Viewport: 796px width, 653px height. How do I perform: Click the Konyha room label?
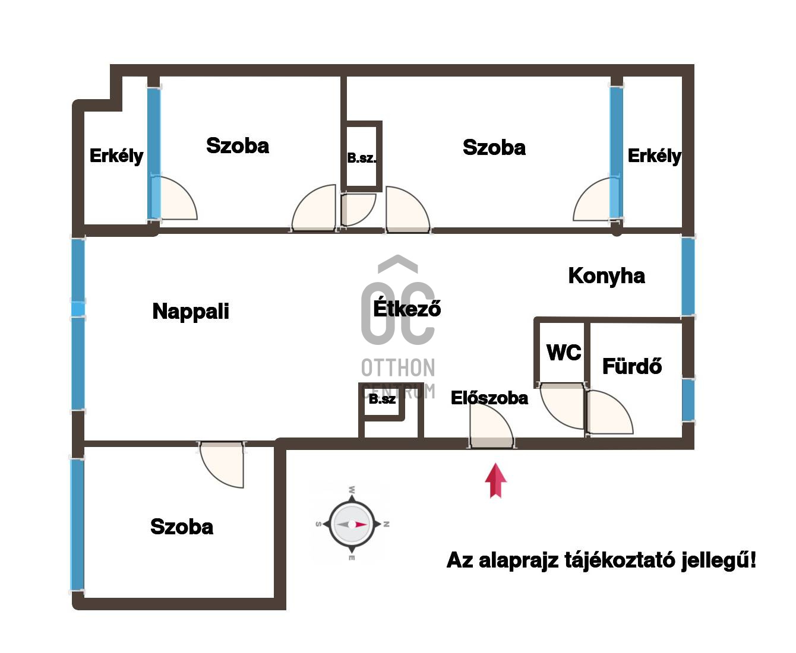click(606, 277)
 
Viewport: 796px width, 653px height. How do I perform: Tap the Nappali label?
click(191, 311)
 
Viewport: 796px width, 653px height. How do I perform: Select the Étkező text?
click(407, 308)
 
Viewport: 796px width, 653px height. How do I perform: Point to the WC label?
click(564, 353)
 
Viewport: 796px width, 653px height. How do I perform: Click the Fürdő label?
click(632, 366)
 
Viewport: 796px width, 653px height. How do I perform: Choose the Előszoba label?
click(489, 398)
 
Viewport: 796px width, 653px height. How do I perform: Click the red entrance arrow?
click(495, 480)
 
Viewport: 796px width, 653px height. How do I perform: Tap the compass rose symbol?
click(352, 524)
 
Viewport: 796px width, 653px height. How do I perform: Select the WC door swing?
click(561, 405)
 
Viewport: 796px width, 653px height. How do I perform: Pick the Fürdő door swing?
click(609, 413)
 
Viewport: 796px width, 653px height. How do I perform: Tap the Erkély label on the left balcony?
click(116, 156)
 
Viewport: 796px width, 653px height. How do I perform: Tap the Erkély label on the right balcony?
click(654, 156)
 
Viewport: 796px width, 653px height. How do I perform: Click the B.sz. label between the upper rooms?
click(362, 158)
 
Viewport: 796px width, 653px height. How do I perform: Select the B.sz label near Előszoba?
click(382, 399)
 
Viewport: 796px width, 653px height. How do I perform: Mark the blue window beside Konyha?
click(688, 277)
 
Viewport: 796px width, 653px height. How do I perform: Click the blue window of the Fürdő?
click(688, 400)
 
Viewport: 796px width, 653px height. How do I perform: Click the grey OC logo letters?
click(398, 313)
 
